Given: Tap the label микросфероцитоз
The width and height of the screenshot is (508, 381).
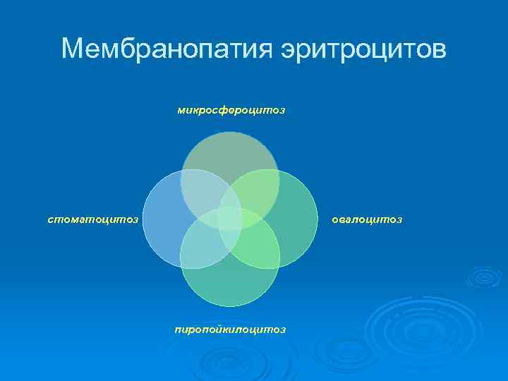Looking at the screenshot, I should [231, 110].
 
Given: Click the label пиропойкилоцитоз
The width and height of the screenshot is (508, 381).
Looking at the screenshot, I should [231, 329].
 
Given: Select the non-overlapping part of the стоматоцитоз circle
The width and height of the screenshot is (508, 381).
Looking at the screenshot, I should [161, 219].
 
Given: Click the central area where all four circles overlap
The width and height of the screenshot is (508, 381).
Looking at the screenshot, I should [230, 219].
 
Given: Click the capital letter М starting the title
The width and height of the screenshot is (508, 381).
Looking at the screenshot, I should [73, 49].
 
